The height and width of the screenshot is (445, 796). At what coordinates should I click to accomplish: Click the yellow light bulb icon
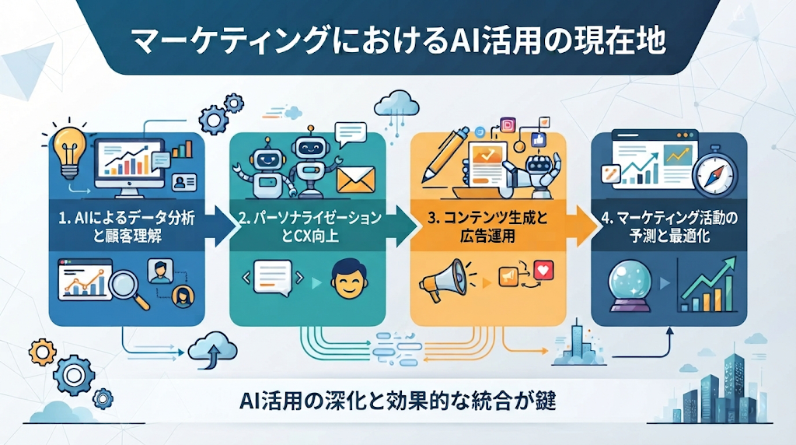click(x=69, y=152)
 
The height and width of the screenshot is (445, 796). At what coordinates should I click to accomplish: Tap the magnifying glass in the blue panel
click(x=127, y=288)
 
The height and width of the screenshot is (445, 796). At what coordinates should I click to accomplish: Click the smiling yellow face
click(x=350, y=279)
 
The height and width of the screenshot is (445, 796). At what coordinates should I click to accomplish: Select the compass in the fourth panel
click(x=714, y=173)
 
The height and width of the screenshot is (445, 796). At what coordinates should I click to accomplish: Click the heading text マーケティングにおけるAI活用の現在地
click(x=399, y=41)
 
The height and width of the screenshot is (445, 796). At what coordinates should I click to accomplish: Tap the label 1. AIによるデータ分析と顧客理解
click(x=127, y=227)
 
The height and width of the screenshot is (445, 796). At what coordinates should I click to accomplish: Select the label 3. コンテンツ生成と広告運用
click(x=488, y=227)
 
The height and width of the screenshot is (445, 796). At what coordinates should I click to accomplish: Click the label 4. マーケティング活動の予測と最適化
click(x=669, y=227)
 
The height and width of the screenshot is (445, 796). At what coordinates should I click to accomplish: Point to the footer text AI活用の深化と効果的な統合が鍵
click(x=398, y=401)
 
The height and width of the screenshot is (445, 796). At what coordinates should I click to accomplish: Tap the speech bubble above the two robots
click(x=351, y=134)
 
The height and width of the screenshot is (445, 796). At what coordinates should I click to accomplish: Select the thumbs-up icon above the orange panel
click(x=538, y=139)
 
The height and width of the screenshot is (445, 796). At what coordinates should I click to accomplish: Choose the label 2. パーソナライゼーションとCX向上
click(x=309, y=227)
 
